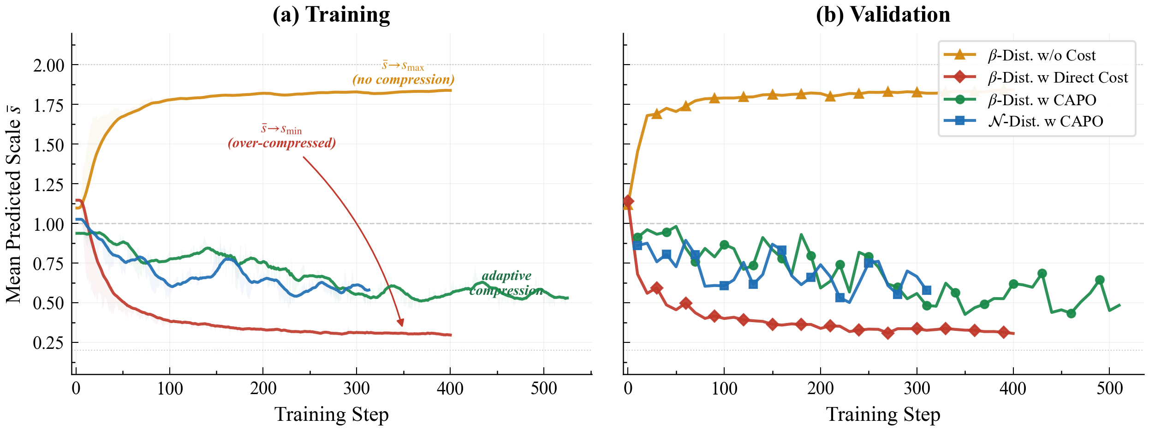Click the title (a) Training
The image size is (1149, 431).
[331, 15]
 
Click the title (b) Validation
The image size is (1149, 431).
[883, 15]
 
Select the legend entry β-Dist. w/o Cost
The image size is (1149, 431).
[1041, 55]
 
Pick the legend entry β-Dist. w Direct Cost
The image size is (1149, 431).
[1058, 78]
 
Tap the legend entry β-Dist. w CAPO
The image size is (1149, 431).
[1042, 100]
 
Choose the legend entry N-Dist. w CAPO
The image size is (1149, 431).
[1045, 121]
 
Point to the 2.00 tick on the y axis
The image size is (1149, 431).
[48, 65]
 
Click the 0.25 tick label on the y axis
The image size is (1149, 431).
[48, 343]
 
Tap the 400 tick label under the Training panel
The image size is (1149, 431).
[450, 389]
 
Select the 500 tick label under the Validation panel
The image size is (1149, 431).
[1109, 389]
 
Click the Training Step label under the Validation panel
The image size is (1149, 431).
[883, 414]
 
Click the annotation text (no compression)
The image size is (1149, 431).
[404, 79]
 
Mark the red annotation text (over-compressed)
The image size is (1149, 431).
[282, 143]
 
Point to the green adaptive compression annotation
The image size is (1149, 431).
[506, 283]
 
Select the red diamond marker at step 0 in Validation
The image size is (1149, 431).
[628, 201]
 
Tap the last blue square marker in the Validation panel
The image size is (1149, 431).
[926, 290]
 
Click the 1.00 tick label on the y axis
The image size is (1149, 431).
[48, 224]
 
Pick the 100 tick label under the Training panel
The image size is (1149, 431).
[170, 389]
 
